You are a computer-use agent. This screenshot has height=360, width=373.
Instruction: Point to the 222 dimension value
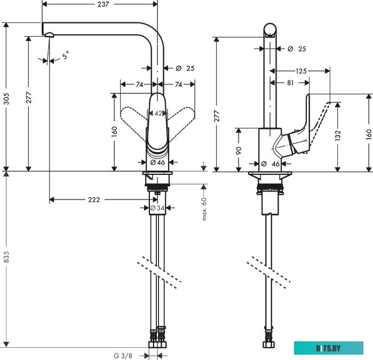pyautogui.click(x=94, y=199)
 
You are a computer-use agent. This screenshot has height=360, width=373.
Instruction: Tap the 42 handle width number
pyautogui.click(x=158, y=113)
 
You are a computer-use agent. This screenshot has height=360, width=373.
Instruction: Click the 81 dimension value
pyautogui.click(x=290, y=83)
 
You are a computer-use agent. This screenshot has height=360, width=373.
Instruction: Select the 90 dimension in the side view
pyautogui.click(x=239, y=150)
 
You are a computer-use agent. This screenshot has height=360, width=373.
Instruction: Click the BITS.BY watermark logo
pyautogui.click(x=328, y=348)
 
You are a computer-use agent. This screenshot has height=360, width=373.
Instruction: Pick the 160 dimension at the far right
pyautogui.click(x=369, y=133)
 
